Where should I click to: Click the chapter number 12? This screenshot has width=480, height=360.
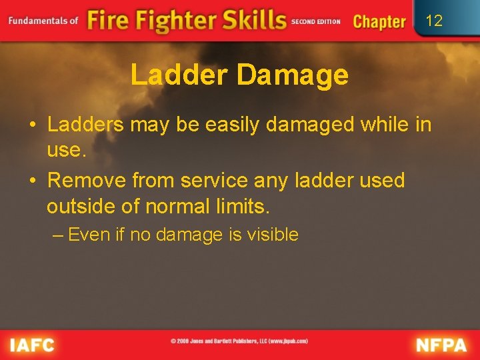click(434, 21)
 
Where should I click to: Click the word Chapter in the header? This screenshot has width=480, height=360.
click(379, 21)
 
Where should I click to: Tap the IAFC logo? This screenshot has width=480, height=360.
click(32, 345)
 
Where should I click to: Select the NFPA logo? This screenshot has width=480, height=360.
click(441, 345)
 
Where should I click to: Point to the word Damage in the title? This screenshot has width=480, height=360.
click(292, 75)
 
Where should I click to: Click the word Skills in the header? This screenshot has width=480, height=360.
click(253, 20)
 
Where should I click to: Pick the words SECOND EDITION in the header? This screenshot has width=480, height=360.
click(316, 21)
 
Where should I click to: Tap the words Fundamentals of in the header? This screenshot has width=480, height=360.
click(44, 21)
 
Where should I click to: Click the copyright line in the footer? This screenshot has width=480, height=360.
click(239, 341)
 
